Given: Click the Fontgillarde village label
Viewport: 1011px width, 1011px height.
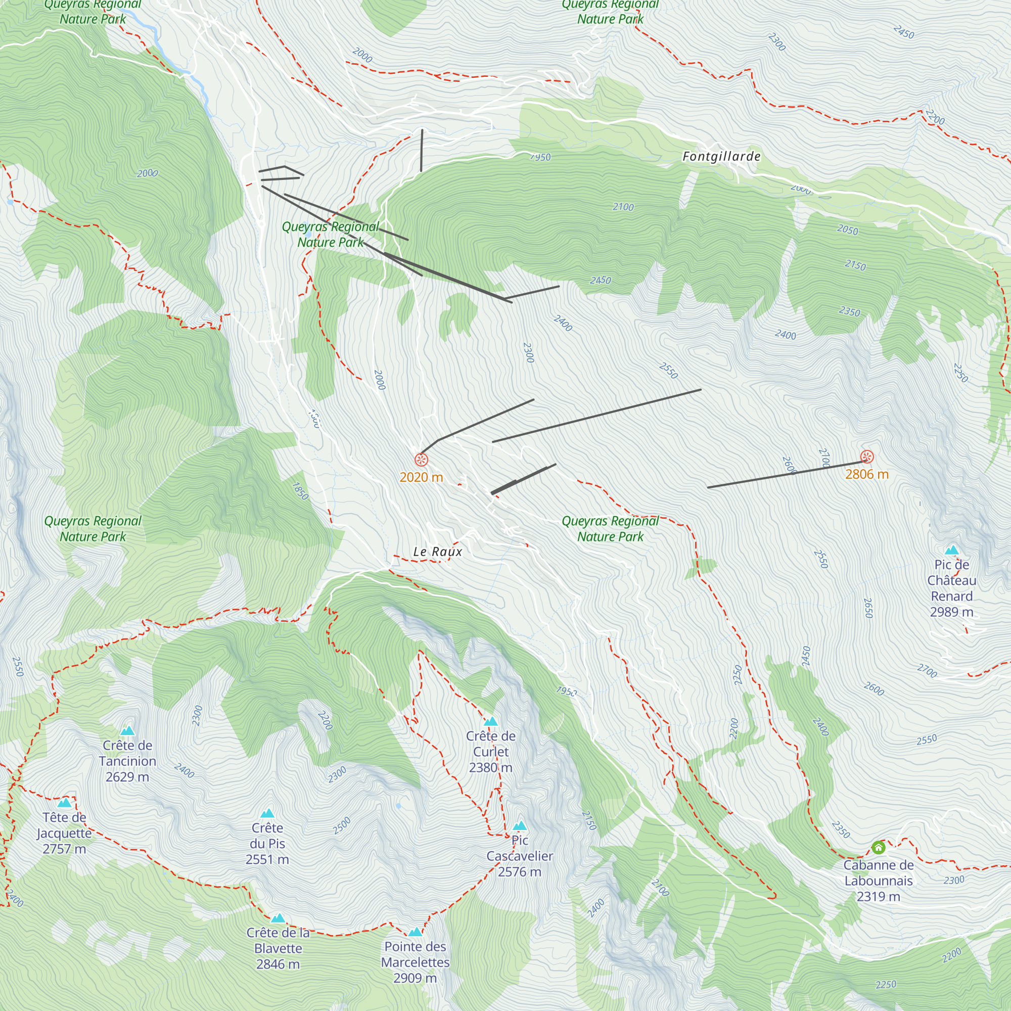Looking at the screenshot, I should pos(721,157).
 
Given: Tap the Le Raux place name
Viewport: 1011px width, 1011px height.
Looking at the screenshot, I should pos(437,552).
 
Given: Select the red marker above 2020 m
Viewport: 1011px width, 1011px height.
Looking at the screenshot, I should pos(421,460).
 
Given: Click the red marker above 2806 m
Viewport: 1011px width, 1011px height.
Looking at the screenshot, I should pos(867,457).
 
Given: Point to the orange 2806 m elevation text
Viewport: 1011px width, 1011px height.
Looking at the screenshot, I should pos(866,474).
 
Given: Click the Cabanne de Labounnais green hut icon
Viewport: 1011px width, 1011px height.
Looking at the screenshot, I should pos(879,847).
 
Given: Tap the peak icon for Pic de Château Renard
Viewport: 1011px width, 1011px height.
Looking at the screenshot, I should pos(952,550).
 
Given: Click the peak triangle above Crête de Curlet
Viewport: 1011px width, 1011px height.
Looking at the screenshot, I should pos(490,722).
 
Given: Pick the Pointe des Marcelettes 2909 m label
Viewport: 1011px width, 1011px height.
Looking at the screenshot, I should pos(415,962).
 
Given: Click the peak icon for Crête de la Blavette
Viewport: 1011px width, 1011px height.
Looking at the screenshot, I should pos(278,918).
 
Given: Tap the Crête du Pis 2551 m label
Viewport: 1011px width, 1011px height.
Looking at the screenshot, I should pos(267,844).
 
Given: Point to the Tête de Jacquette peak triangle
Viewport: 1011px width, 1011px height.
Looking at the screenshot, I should pos(64,803).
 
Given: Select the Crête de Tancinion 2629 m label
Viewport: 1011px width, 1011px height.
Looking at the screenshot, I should pos(127,761).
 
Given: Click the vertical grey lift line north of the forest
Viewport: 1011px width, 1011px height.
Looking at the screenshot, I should pos(422,150).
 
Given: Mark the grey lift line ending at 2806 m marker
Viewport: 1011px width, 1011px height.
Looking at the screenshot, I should pos(785,475).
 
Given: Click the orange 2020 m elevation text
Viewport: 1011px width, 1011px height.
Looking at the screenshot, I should pos(421,477).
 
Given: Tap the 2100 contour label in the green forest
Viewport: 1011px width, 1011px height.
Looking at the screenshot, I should pos(623,207).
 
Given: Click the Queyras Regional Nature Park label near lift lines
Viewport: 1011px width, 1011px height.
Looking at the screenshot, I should pos(330,235).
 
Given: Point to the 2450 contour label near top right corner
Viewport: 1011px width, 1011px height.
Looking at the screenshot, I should pos(904,32).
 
